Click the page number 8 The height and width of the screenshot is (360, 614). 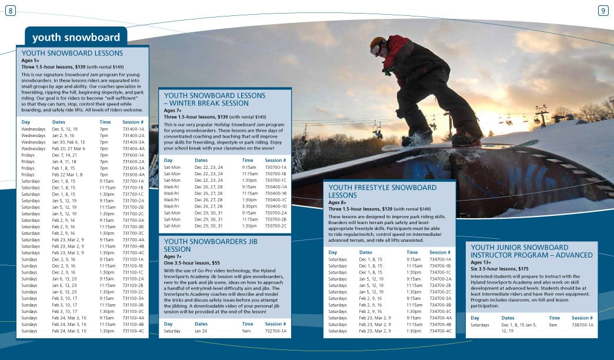click(10, 11)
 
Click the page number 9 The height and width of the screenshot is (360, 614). click(603, 11)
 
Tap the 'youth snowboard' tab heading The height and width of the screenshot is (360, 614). click(76, 38)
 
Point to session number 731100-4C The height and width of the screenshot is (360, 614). click(133, 331)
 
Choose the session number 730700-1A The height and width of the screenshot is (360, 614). click(276, 167)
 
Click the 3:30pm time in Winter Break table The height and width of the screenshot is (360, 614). click(249, 206)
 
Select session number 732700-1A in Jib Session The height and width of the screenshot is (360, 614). click(276, 331)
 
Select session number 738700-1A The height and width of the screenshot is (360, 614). click(583, 325)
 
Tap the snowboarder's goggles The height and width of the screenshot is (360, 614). click(376, 49)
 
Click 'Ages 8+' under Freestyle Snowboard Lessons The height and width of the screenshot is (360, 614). click(337, 202)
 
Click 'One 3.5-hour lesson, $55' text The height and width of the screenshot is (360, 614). click(192, 263)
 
